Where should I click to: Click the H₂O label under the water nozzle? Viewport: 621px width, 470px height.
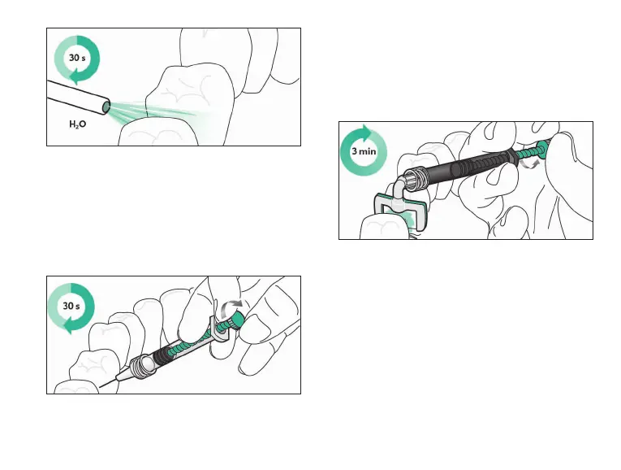[82, 126]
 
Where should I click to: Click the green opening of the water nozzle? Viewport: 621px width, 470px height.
[107, 107]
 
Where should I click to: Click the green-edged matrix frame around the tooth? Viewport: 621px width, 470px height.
[399, 209]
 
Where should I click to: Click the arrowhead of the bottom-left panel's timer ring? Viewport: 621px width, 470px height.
[72, 327]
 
